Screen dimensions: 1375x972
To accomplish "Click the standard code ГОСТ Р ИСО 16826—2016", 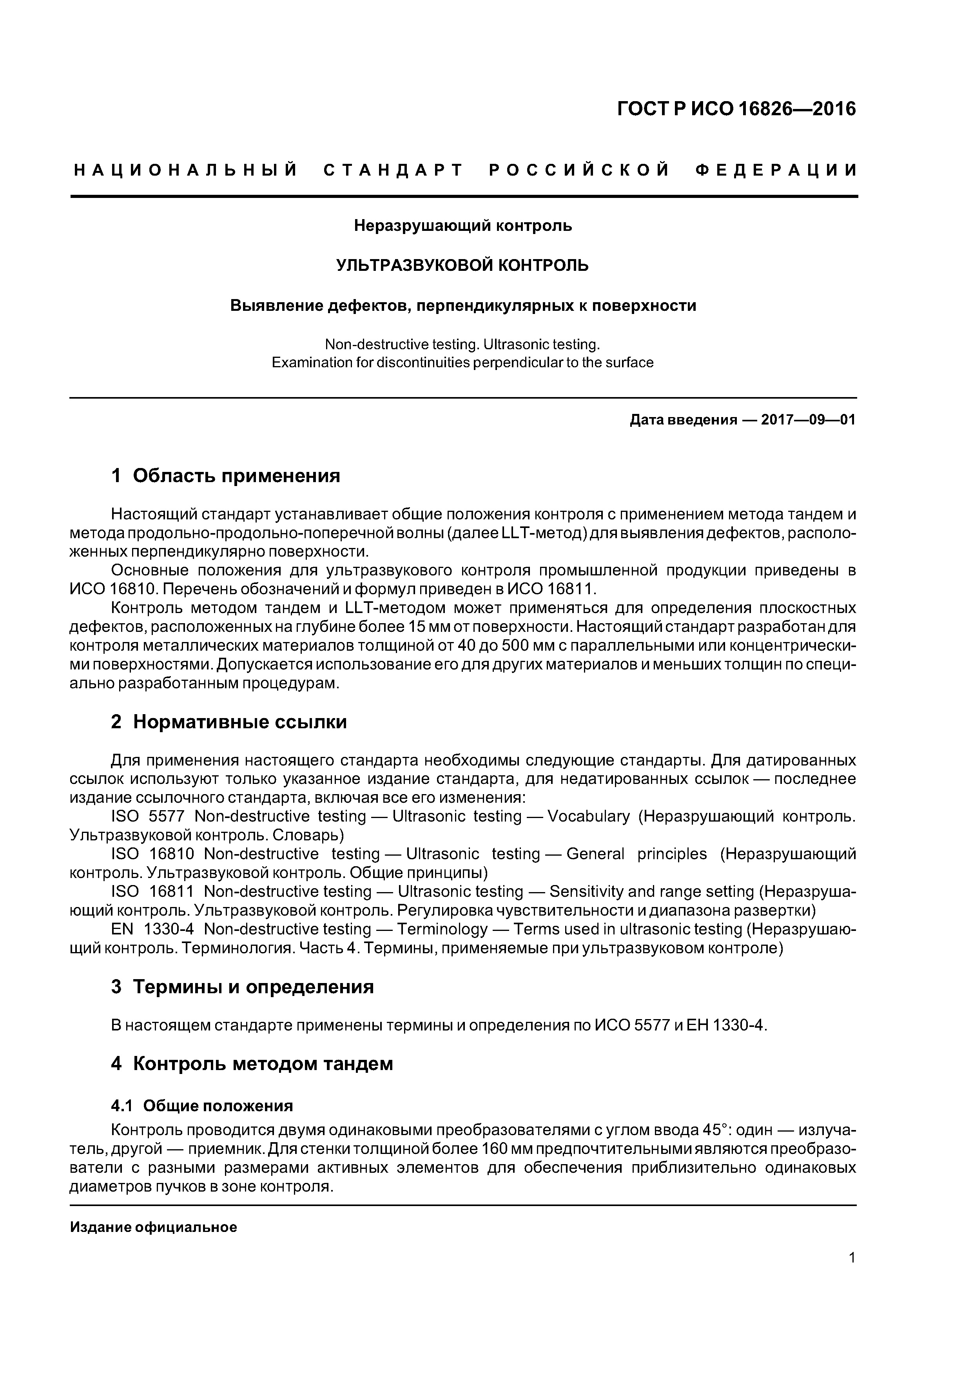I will point(736,109).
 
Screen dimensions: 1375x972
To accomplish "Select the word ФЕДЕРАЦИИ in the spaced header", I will point(776,171).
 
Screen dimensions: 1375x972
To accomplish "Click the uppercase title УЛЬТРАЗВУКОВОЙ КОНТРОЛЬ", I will point(462,265).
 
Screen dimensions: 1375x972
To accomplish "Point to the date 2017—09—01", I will point(808,420).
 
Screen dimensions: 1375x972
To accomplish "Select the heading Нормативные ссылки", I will point(239,722).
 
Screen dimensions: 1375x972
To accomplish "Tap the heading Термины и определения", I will point(253,987).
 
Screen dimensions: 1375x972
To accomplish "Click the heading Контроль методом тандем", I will point(262,1064).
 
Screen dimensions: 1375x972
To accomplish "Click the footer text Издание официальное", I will point(153,1227).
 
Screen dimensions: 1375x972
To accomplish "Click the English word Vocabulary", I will point(589,816).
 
